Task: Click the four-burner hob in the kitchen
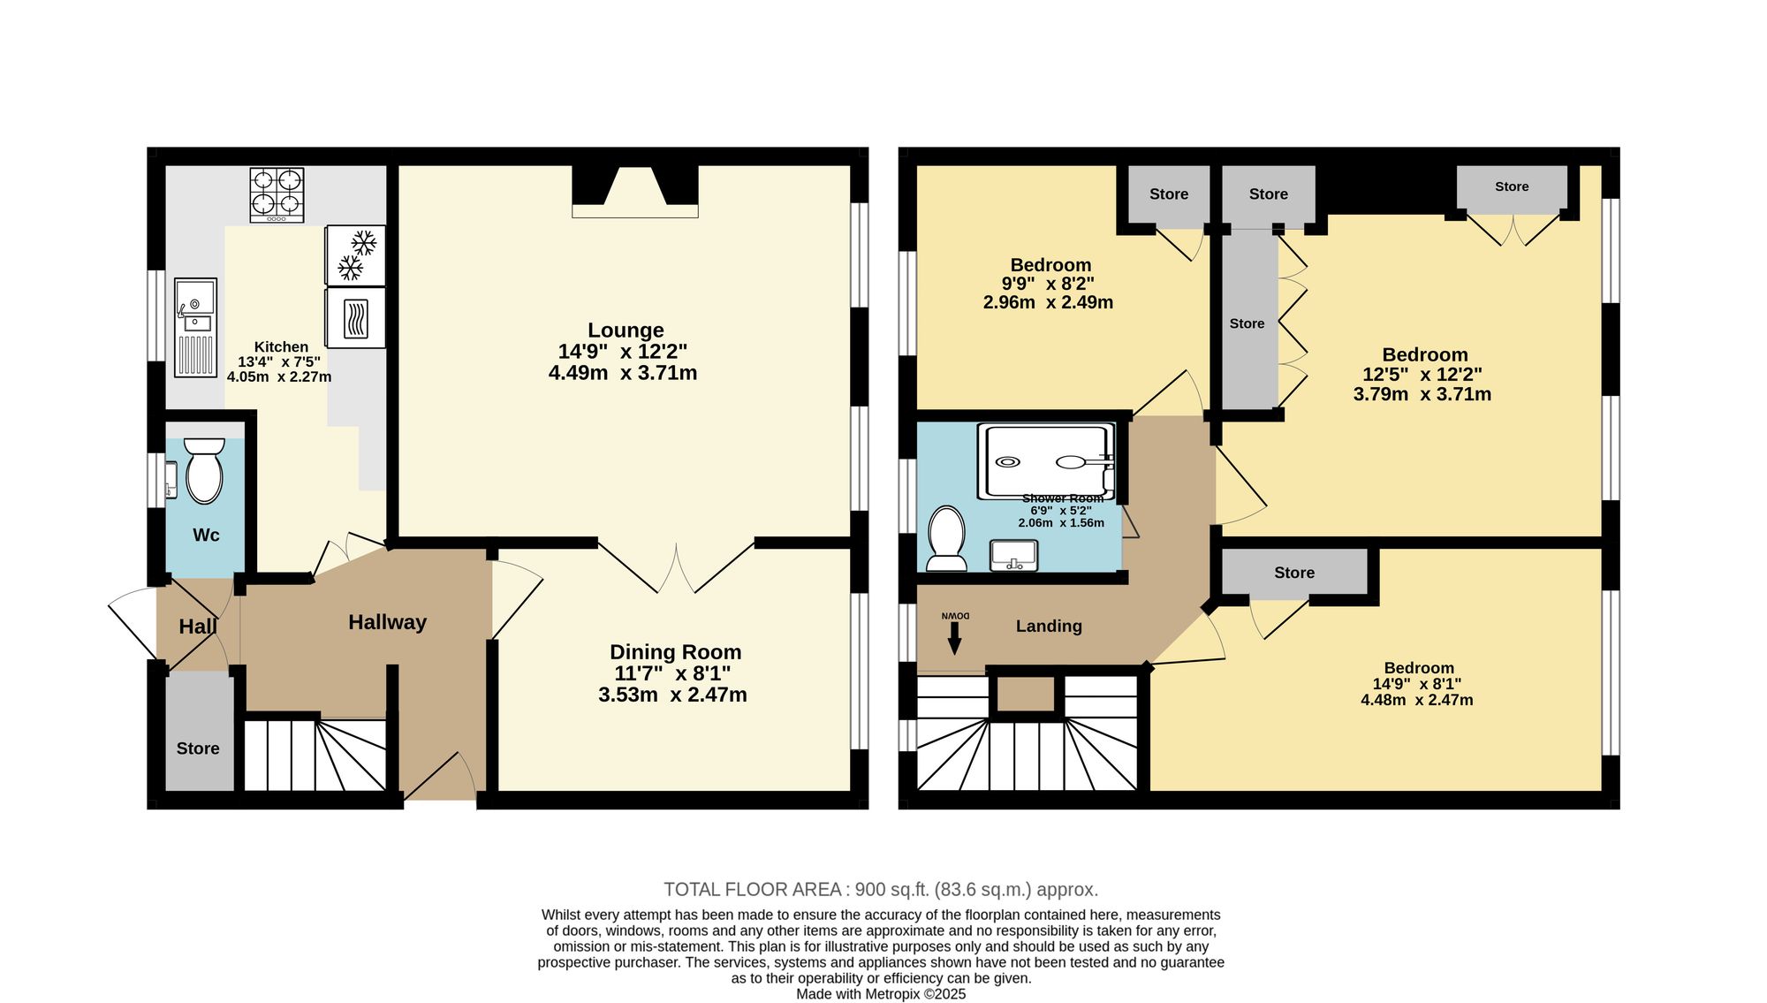(277, 195)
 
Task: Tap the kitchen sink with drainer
(195, 327)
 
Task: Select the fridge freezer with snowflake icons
(355, 255)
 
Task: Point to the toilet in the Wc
(204, 470)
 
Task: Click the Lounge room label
(626, 331)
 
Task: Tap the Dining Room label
(676, 652)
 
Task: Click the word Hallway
(387, 622)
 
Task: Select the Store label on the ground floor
(198, 748)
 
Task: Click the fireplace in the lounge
(635, 191)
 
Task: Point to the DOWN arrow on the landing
(954, 637)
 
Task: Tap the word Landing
(1049, 626)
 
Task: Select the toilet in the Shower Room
(947, 538)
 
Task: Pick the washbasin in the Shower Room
(1014, 556)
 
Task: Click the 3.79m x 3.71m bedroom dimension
(1422, 394)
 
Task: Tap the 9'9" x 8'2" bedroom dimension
(1048, 284)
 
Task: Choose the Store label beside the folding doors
(1247, 323)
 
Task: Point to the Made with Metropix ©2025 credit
(881, 994)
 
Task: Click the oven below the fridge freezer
(355, 318)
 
